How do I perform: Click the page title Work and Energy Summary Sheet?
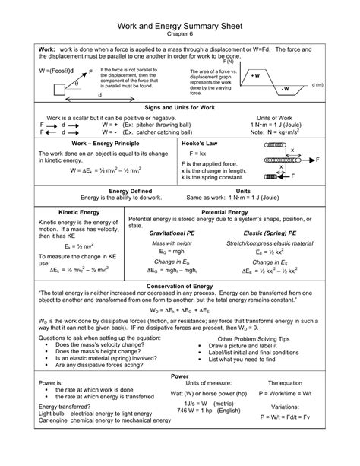click(180, 17)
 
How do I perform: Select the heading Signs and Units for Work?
click(180, 109)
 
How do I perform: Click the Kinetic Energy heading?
click(74, 212)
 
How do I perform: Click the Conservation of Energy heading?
click(180, 286)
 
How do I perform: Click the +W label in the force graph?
click(255, 76)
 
